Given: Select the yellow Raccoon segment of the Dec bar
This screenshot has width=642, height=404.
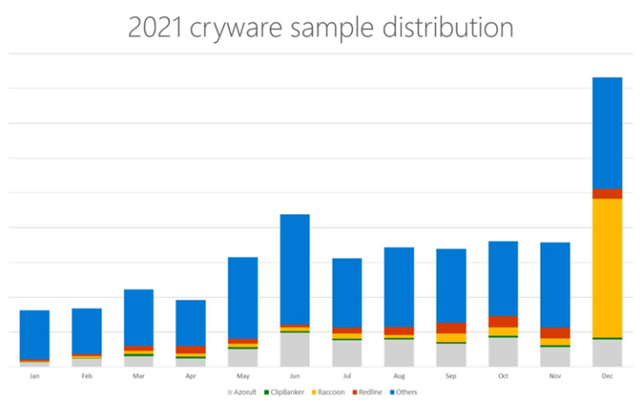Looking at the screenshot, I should (607, 268).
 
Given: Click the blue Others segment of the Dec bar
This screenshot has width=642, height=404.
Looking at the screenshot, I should (607, 132).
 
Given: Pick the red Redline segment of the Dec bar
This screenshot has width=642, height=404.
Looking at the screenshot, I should (607, 193).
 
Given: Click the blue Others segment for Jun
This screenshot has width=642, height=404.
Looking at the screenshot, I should (294, 268).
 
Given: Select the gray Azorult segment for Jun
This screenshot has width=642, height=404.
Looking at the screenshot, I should (294, 350).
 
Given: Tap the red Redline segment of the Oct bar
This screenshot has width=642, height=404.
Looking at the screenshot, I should (503, 322).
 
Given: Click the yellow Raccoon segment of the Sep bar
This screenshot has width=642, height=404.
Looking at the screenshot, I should (451, 338).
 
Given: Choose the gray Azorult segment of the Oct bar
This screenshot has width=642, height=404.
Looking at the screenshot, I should (503, 352).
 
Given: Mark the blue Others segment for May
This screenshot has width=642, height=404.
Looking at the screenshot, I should (242, 297).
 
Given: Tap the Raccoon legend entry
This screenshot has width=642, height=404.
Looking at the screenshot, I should (332, 391).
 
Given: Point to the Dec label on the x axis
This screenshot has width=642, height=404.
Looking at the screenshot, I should (607, 376).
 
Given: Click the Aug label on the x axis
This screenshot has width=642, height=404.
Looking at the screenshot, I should (399, 376).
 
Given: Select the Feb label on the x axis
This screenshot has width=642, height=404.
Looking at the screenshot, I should (86, 376).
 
